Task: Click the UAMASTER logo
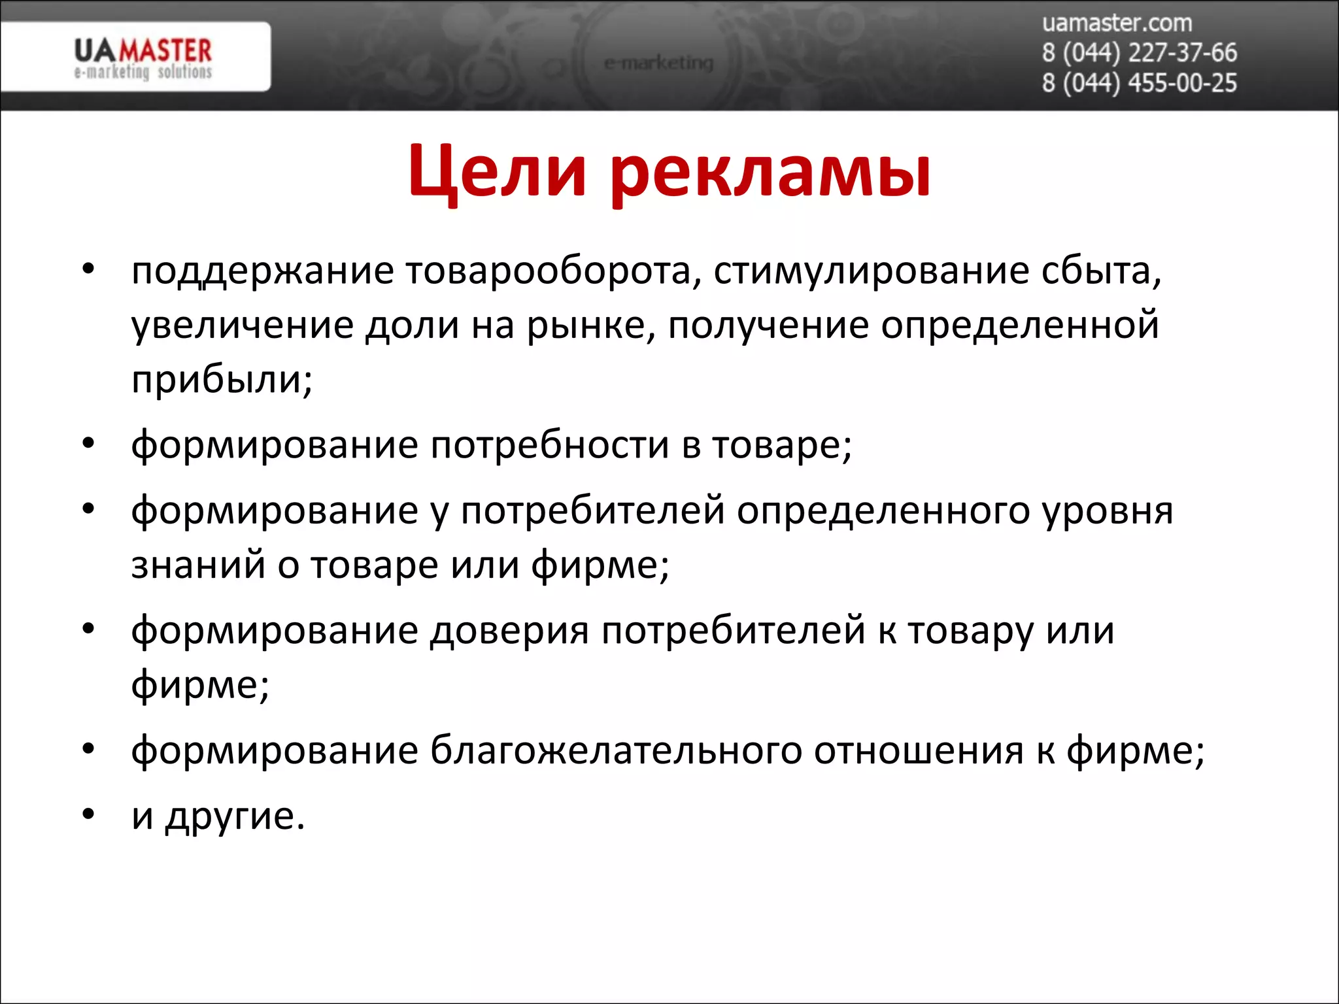(x=143, y=58)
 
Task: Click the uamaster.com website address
(x=1117, y=24)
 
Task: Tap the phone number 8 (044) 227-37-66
(x=1139, y=53)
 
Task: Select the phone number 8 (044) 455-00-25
(x=1139, y=83)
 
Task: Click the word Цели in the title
(x=497, y=171)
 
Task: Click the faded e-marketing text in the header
(x=658, y=63)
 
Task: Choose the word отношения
(x=919, y=750)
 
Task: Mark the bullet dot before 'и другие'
(x=89, y=814)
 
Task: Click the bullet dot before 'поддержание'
(x=89, y=269)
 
